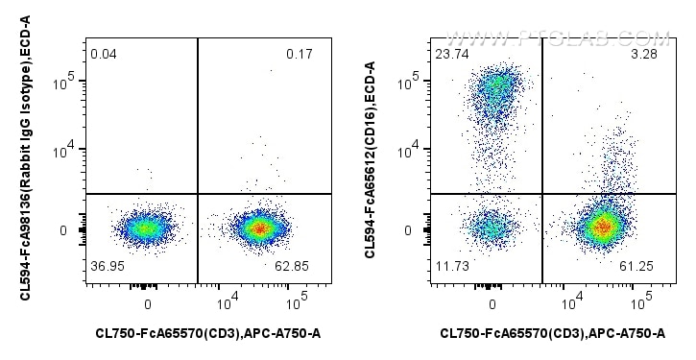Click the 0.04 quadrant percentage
tap(103, 54)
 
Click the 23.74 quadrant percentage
tap(452, 54)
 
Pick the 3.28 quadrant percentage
tap(643, 54)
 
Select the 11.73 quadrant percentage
tap(452, 265)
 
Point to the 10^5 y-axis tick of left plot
tap(65, 84)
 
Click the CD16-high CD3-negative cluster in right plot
tap(496, 88)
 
